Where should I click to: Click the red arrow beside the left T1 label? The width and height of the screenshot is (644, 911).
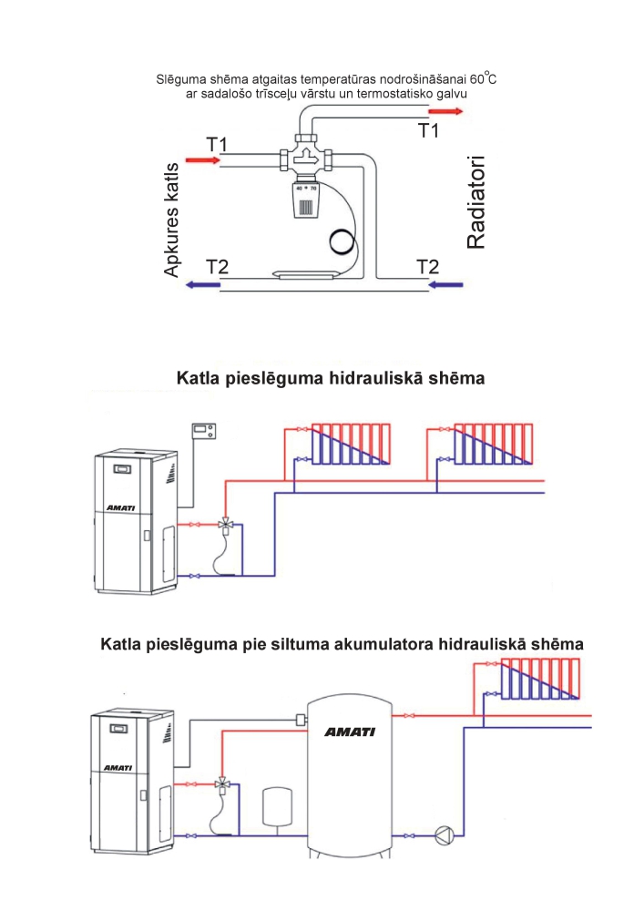pyautogui.click(x=202, y=161)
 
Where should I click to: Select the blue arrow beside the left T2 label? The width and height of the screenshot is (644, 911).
pyautogui.click(x=203, y=285)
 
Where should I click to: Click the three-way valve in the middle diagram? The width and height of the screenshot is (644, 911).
pyautogui.click(x=224, y=525)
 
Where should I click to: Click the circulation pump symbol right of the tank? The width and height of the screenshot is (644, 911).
pyautogui.click(x=445, y=834)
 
